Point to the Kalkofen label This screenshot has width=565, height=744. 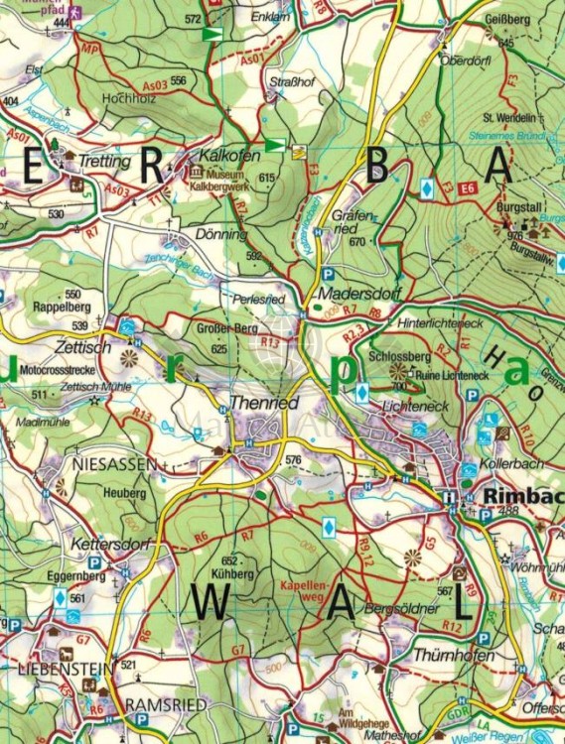(x=229, y=157)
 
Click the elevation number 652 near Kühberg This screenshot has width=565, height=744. (x=228, y=560)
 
